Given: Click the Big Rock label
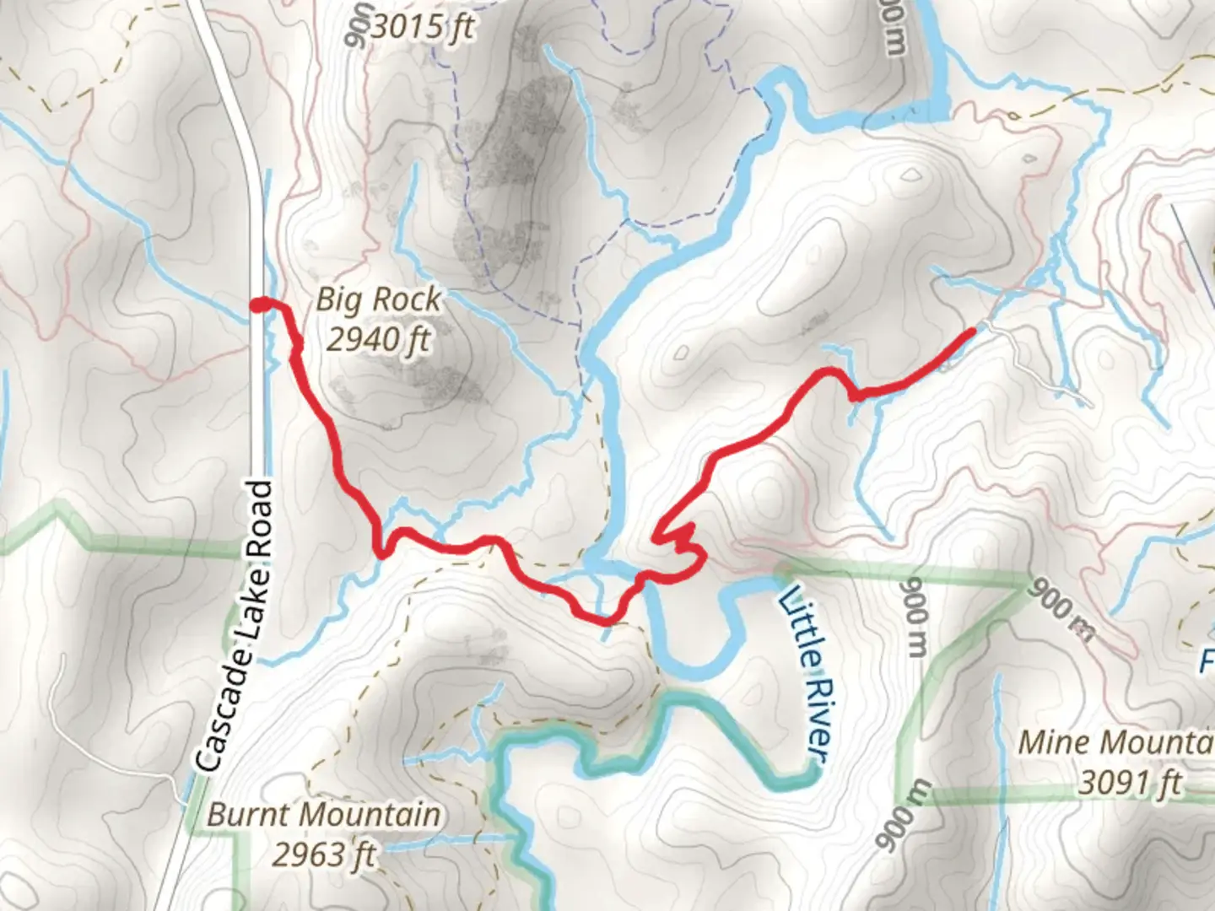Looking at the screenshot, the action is pyautogui.click(x=378, y=299).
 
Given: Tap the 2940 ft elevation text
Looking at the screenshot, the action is pyautogui.click(x=378, y=339).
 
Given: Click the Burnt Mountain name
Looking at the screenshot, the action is pyautogui.click(x=323, y=815).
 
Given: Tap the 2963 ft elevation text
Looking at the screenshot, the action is pyautogui.click(x=323, y=854).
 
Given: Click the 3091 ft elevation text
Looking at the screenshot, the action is pyautogui.click(x=1131, y=784).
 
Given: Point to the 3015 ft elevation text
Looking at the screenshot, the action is pyautogui.click(x=422, y=28).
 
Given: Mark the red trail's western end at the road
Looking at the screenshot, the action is pyautogui.click(x=259, y=305).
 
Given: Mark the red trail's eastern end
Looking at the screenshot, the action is pyautogui.click(x=972, y=332).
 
